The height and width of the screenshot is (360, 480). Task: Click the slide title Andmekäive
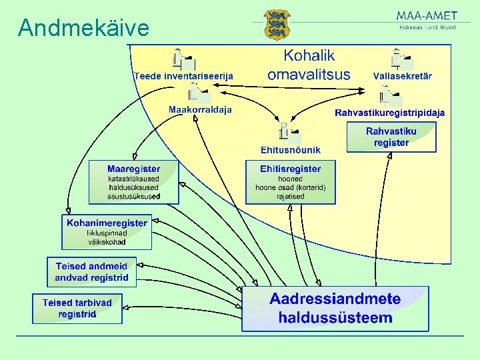coord(83,28)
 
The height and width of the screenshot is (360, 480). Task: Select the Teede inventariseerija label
coord(183,77)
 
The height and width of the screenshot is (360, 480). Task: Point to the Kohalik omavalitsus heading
coord(309,65)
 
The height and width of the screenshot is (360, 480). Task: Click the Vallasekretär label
coord(402,76)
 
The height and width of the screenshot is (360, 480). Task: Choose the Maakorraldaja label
coord(200,110)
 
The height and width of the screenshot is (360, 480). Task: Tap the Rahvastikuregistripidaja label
coord(389,113)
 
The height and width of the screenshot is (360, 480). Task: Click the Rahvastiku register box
coord(391,137)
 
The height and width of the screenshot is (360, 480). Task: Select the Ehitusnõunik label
coord(291,150)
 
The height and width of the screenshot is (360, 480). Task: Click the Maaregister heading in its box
coord(133,169)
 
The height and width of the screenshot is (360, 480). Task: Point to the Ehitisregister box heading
coord(291,169)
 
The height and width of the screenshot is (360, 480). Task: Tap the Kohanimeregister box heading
coord(107,223)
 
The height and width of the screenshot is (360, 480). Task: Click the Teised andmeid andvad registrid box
coord(91,272)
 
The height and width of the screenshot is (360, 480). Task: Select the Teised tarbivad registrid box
coord(77,308)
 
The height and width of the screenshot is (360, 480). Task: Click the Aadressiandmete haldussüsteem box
coord(335,309)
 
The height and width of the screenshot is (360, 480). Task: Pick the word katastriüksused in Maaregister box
coord(133,179)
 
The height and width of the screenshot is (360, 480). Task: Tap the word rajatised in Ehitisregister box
coord(291,197)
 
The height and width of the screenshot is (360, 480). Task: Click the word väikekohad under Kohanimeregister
coord(107,242)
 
